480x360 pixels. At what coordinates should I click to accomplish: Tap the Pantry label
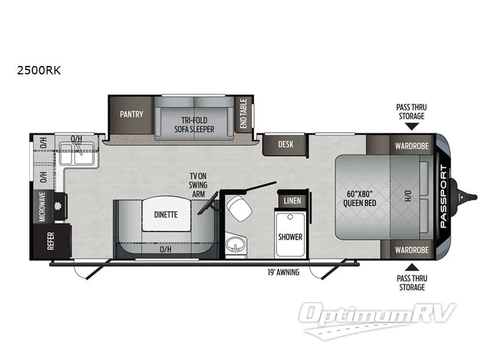pyautogui.click(x=131, y=114)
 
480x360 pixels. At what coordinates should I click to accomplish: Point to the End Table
pyautogui.click(x=244, y=113)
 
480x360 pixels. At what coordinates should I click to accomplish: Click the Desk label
pyautogui.click(x=285, y=144)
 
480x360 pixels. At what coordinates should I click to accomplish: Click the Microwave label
pyautogui.click(x=43, y=206)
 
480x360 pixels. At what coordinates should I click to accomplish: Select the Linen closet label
pyautogui.click(x=292, y=200)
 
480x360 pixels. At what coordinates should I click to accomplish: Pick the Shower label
pyautogui.click(x=290, y=236)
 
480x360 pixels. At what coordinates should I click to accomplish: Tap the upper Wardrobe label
pyautogui.click(x=410, y=145)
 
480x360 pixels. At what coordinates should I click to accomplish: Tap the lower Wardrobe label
pyautogui.click(x=410, y=250)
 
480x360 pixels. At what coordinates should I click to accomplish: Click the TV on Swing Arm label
pyautogui.click(x=198, y=184)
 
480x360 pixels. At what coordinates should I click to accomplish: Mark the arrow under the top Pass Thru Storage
pyautogui.click(x=411, y=126)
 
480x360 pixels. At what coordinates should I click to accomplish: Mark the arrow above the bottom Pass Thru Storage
pyautogui.click(x=411, y=266)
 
